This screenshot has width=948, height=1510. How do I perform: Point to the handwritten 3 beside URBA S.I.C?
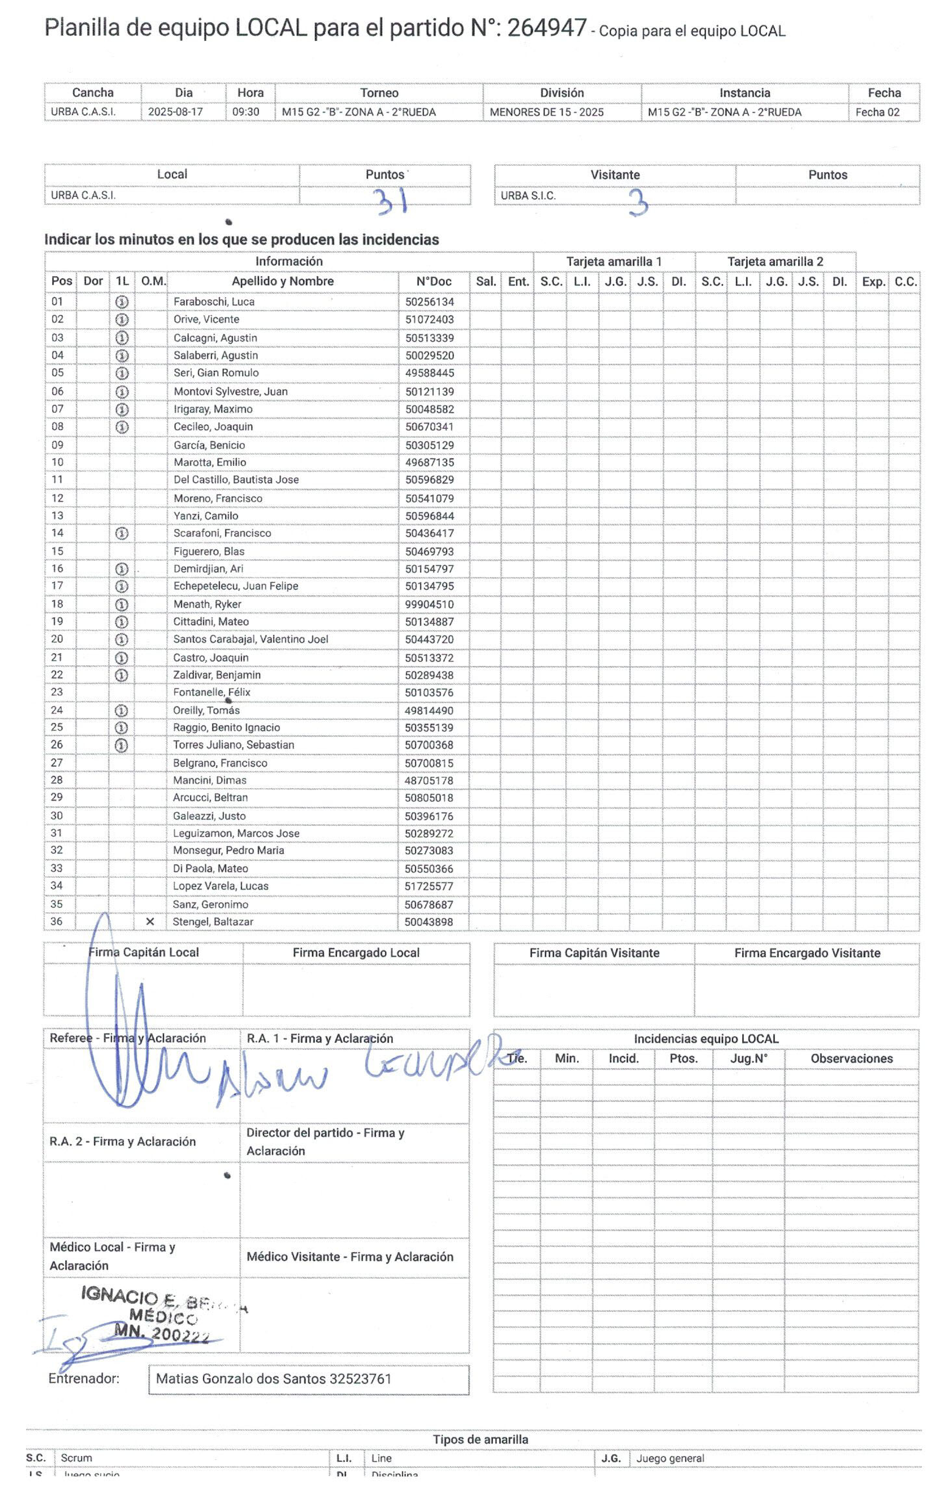click(638, 203)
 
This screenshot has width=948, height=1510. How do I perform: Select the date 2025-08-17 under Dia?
click(175, 112)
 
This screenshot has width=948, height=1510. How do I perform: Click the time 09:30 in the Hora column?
click(246, 112)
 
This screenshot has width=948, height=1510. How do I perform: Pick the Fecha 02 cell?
click(877, 112)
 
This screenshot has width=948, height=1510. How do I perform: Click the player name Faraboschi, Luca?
click(214, 301)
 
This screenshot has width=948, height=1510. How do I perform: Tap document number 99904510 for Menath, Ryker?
click(429, 604)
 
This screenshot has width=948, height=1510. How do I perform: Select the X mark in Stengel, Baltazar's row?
click(150, 921)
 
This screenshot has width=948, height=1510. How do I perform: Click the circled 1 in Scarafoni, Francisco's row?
click(122, 533)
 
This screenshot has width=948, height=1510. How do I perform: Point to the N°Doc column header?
click(433, 281)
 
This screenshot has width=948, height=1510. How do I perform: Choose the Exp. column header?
click(873, 281)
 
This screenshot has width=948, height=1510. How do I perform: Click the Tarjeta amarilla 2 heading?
click(775, 261)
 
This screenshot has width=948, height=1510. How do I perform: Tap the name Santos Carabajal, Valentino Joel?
click(250, 639)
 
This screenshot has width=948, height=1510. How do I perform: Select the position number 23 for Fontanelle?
click(57, 692)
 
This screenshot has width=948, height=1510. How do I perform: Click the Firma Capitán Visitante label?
click(594, 953)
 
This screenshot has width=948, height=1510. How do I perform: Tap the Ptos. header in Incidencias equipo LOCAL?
click(683, 1058)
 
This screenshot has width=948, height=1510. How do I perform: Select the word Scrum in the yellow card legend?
click(76, 1458)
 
